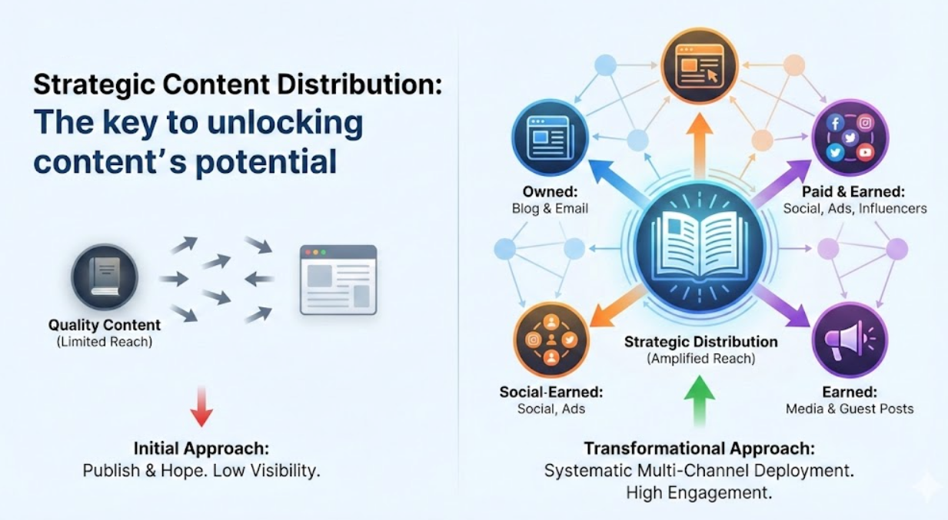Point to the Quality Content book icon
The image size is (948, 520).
pos(105,277)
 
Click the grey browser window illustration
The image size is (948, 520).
pos(338,280)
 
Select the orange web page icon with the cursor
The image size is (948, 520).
pos(700,65)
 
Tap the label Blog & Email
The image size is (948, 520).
pos(550,208)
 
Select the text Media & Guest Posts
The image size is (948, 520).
pos(850,409)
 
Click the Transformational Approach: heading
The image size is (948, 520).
pos(699,449)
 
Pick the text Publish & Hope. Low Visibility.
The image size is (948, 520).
pos(201,470)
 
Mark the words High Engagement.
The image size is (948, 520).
pos(699,492)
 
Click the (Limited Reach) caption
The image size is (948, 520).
pos(105,342)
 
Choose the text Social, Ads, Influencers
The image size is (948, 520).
pos(854,208)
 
